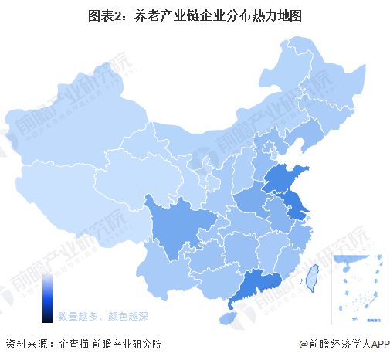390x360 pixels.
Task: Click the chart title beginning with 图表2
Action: coord(195,15)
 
